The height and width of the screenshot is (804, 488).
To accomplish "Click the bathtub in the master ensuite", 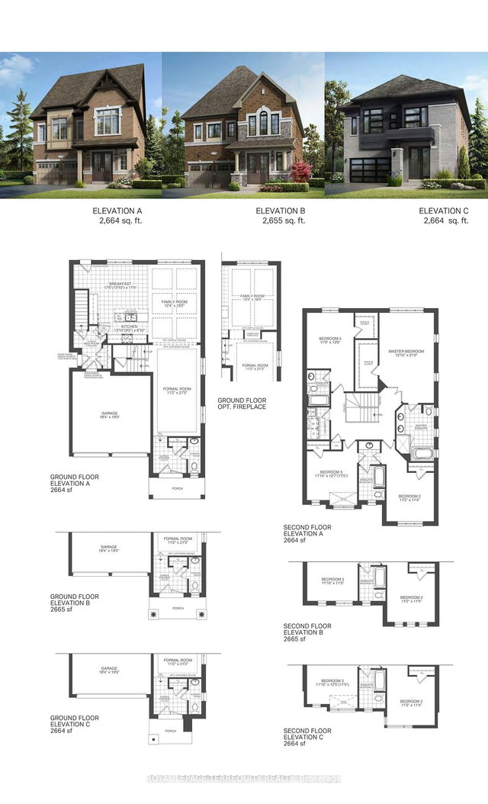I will click(421, 455).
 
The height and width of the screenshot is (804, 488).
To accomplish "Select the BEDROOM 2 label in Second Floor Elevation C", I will click(411, 703).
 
